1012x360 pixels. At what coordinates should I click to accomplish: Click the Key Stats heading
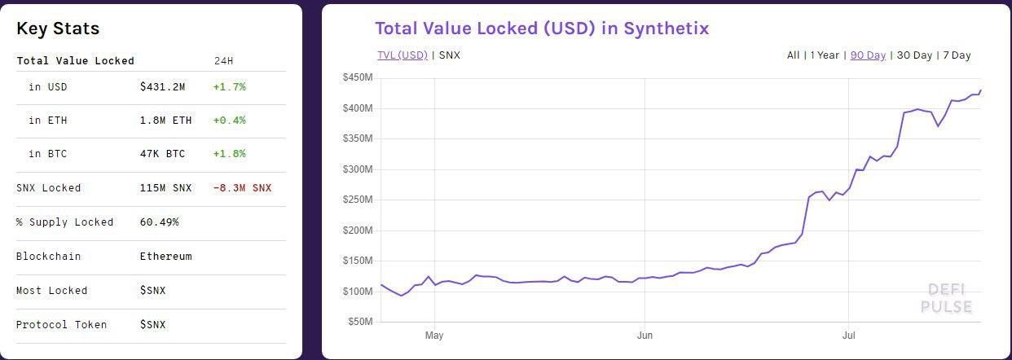58,29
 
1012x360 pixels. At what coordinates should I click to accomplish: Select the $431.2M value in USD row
162,86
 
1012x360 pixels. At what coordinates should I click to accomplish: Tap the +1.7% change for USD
229,86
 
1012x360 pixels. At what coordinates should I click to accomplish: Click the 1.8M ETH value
165,121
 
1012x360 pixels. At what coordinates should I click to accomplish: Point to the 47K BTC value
162,154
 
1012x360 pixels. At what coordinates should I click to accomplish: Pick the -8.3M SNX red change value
242,188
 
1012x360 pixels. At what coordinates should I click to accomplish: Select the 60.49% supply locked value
159,222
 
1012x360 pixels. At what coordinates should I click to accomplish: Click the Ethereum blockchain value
165,257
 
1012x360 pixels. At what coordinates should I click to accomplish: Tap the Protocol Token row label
61,325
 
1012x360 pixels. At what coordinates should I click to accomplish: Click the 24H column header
222,61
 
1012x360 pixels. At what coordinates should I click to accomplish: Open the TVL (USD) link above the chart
402,55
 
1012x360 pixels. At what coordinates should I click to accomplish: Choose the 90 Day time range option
868,55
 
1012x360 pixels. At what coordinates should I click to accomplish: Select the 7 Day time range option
957,55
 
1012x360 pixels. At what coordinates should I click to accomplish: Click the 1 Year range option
825,55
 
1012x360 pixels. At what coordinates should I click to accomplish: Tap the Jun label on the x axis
645,335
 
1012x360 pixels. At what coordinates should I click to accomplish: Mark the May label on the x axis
434,335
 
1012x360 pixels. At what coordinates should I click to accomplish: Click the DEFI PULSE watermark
947,298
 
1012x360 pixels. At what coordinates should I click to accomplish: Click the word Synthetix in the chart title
667,28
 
